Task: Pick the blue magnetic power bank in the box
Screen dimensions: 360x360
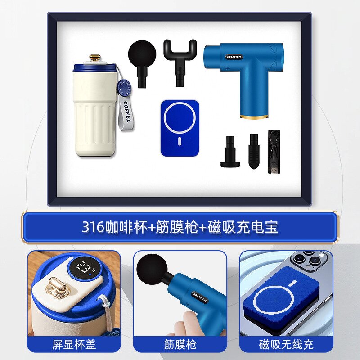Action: point(180,127)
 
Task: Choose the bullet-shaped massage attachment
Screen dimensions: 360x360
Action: point(253,150)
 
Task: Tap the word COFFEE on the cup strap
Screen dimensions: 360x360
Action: point(127,112)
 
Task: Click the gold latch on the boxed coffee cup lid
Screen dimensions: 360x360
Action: point(95,58)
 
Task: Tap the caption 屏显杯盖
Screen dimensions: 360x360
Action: point(74,345)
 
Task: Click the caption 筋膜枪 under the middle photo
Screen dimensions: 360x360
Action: point(180,345)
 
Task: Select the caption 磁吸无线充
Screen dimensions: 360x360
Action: point(286,345)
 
